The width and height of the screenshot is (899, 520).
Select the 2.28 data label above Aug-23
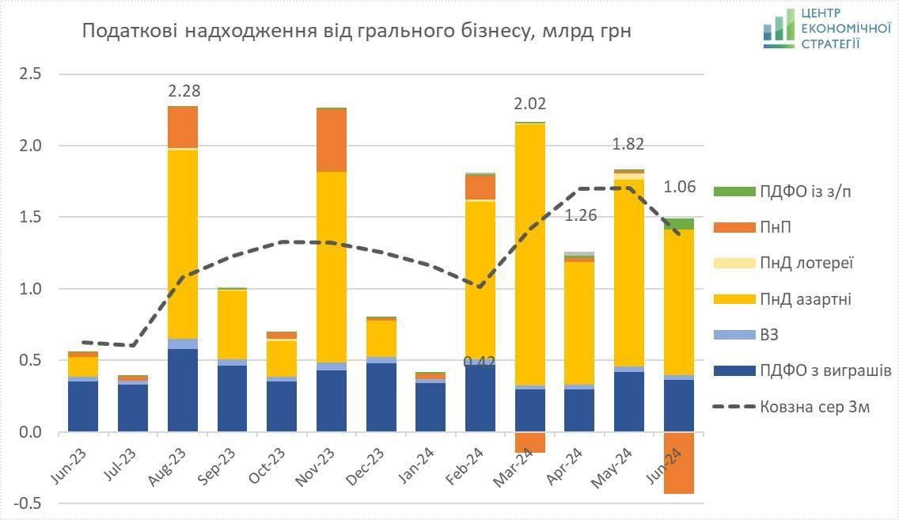(x=184, y=92)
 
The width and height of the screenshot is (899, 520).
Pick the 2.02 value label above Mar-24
(x=530, y=104)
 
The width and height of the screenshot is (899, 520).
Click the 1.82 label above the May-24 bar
(x=629, y=144)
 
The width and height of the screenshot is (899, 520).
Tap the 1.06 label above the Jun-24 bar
(x=679, y=187)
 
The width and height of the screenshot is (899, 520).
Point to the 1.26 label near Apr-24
(x=580, y=215)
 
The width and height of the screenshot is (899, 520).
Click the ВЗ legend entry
(x=768, y=335)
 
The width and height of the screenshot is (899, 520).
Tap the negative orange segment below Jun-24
(x=679, y=463)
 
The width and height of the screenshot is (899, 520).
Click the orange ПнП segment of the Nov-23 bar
(x=332, y=140)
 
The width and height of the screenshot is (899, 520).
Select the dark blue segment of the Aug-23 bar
(x=184, y=390)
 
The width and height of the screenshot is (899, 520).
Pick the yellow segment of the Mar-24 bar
(x=530, y=253)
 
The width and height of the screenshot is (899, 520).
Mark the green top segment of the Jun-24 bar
(x=679, y=223)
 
